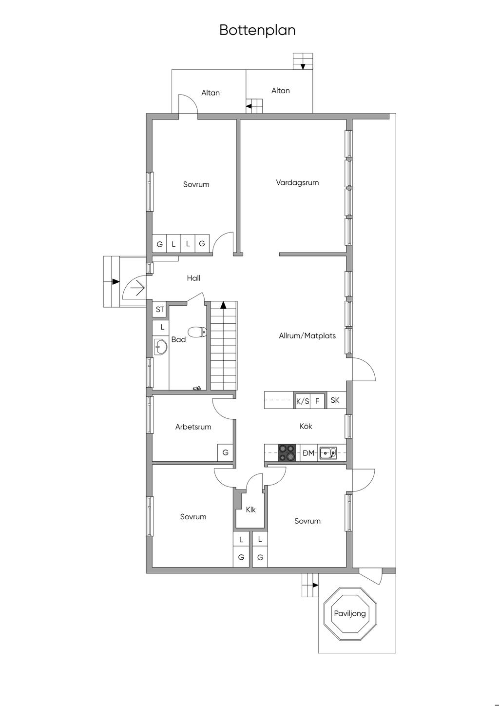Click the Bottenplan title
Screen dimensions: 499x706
(x=257, y=30)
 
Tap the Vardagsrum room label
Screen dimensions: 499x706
(x=297, y=182)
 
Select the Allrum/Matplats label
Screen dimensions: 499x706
(x=307, y=335)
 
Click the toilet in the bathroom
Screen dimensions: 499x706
(x=197, y=332)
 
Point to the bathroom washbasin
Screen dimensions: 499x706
(x=161, y=347)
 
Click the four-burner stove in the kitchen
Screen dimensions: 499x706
(x=287, y=453)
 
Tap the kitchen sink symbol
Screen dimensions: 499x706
(x=328, y=453)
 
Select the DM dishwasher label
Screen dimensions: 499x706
(x=308, y=453)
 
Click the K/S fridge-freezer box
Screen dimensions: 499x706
(x=303, y=401)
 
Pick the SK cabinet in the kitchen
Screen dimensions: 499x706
(x=335, y=400)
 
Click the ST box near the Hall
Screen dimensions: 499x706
(x=160, y=309)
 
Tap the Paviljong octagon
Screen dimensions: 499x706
(x=350, y=614)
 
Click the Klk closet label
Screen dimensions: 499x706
(x=251, y=510)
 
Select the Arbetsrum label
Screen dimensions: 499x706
(x=193, y=427)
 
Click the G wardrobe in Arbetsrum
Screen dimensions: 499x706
(x=225, y=452)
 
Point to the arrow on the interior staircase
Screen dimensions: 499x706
(x=223, y=305)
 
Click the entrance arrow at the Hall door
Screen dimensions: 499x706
(x=138, y=288)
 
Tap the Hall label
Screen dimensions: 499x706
(x=193, y=278)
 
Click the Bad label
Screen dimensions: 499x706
(x=178, y=339)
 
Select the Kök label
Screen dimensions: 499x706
(x=306, y=426)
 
